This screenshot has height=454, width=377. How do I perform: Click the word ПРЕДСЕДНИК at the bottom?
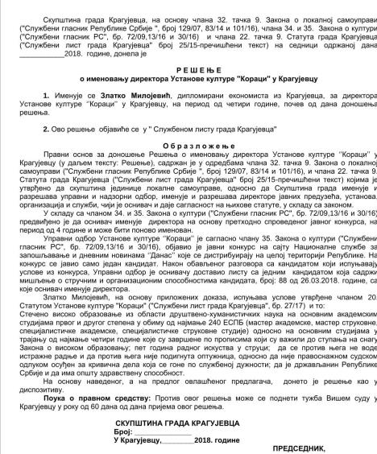(338, 447)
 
